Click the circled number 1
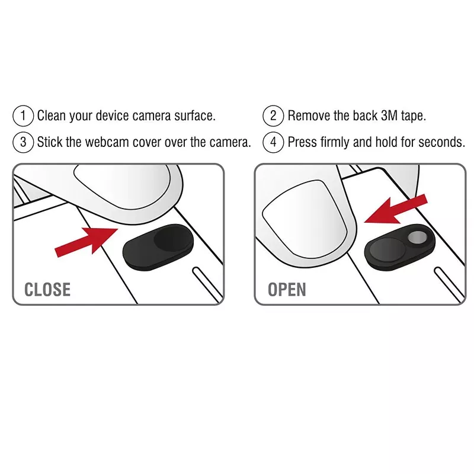[23, 116]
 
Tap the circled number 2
[273, 116]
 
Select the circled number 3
[23, 142]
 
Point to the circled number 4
[273, 142]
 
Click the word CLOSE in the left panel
[47, 290]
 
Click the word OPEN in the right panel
[287, 290]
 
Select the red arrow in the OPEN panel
[396, 209]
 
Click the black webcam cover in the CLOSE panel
[158, 247]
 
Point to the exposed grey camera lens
[418, 238]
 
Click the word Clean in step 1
[52, 116]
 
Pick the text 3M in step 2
[389, 116]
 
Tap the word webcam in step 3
[107, 142]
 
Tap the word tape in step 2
[413, 116]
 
